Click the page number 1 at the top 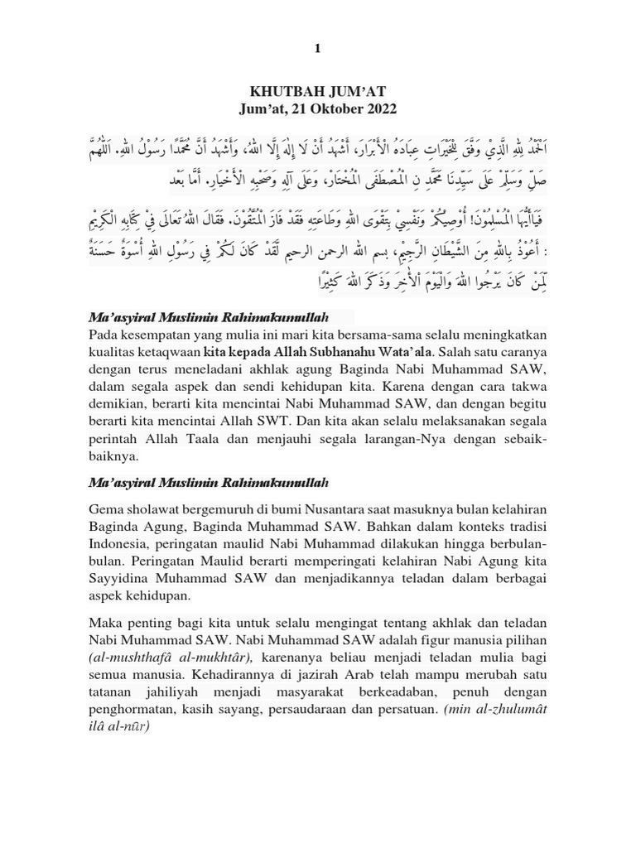coord(317,49)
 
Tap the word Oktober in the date coord(330,108)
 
